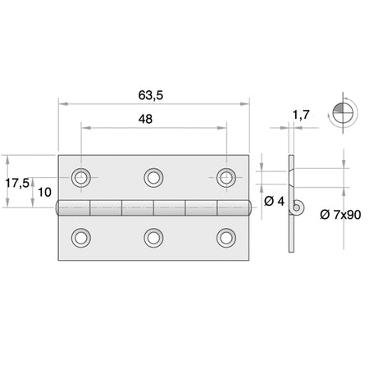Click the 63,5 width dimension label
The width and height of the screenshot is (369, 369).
tap(151, 95)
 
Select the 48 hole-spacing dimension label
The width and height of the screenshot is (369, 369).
tap(145, 119)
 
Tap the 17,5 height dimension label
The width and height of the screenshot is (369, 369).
tap(17, 183)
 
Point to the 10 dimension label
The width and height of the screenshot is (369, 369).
tap(44, 193)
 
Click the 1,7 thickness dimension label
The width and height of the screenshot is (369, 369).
tap(301, 115)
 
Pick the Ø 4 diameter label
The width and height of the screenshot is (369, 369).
tap(274, 202)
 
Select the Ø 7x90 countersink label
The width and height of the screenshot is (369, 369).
tap(340, 215)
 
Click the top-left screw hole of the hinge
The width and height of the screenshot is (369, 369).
tap(81, 178)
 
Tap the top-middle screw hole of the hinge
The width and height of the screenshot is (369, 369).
tap(153, 178)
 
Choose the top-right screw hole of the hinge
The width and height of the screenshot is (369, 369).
tap(226, 178)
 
